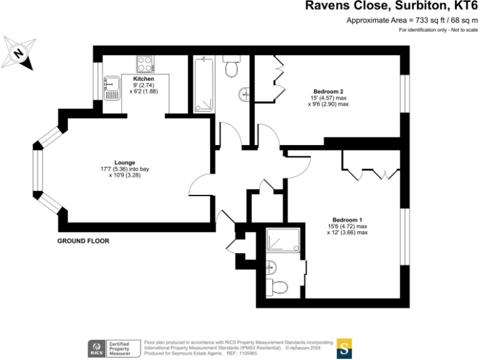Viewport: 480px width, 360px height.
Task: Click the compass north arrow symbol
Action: (19, 53)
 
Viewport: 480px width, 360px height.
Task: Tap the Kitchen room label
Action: (143, 79)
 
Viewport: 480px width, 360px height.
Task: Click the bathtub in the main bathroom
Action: (204, 85)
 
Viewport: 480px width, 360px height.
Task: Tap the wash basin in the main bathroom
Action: (244, 95)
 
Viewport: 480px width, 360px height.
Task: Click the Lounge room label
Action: (125, 162)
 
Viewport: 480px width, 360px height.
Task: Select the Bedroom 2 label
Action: (328, 91)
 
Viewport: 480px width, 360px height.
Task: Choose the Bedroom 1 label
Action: (347, 219)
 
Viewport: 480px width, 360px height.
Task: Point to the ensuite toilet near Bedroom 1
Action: (278, 287)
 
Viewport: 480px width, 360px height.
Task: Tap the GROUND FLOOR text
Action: (83, 241)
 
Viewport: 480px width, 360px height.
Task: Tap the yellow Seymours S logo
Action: (344, 348)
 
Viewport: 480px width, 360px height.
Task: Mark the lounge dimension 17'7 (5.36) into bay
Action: (125, 169)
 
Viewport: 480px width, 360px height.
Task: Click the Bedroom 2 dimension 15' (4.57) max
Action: (328, 98)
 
